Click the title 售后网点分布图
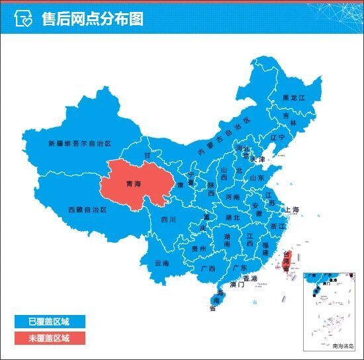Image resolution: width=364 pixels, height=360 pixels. click(x=92, y=19)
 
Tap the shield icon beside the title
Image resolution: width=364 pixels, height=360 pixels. click(x=24, y=19)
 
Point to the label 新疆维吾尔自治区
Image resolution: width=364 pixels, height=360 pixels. click(x=79, y=142)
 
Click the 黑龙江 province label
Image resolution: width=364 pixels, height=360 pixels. click(x=294, y=97)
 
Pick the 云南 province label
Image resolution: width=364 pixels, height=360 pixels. click(x=161, y=263)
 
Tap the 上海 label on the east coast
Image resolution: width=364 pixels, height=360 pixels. click(x=292, y=210)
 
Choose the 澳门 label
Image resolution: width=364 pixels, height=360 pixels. click(x=237, y=285)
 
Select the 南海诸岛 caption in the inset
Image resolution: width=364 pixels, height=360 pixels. click(x=343, y=346)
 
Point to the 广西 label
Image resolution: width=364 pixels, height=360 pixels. click(x=207, y=269)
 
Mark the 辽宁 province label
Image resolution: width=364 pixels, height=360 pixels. click(x=277, y=138)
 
